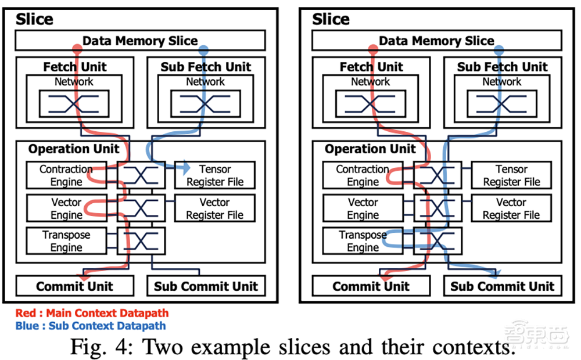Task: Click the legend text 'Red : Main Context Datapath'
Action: pyautogui.click(x=92, y=314)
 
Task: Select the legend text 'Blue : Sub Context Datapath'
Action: pyautogui.click(x=91, y=326)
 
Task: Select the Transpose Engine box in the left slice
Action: pyautogui.click(x=67, y=242)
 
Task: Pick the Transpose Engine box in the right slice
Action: pyautogui.click(x=363, y=242)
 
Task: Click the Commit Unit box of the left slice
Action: pyautogui.click(x=74, y=286)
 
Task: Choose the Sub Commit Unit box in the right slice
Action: pyautogui.click(x=503, y=286)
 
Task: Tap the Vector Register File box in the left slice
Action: pyautogui.click(x=214, y=208)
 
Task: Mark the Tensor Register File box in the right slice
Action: pyautogui.click(x=511, y=175)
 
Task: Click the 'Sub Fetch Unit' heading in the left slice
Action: pyautogui.click(x=206, y=67)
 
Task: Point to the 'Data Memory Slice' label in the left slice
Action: pyautogui.click(x=140, y=41)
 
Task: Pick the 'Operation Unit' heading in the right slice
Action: pyautogui.click(x=370, y=149)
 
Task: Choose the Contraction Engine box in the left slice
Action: pyautogui.click(x=66, y=175)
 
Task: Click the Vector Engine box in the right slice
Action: pyautogui.click(x=363, y=208)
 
